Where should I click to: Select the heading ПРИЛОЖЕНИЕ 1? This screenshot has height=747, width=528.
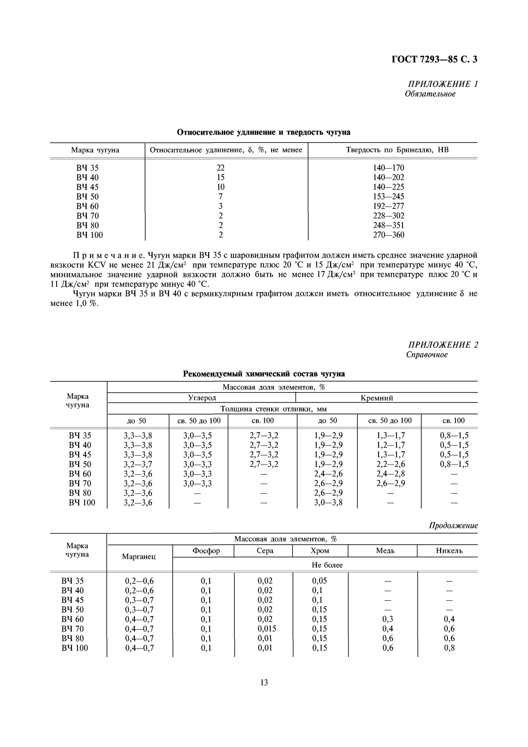443,84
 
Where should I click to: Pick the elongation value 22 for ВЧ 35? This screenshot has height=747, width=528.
221,168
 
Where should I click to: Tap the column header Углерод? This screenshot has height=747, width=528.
202,398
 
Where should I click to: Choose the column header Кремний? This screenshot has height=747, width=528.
377,398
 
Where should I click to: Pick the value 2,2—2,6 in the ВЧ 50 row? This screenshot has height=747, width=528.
391,464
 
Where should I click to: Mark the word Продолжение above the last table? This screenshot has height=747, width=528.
453,526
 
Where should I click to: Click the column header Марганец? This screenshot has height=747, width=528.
139,557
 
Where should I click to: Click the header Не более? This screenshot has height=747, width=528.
327,565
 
